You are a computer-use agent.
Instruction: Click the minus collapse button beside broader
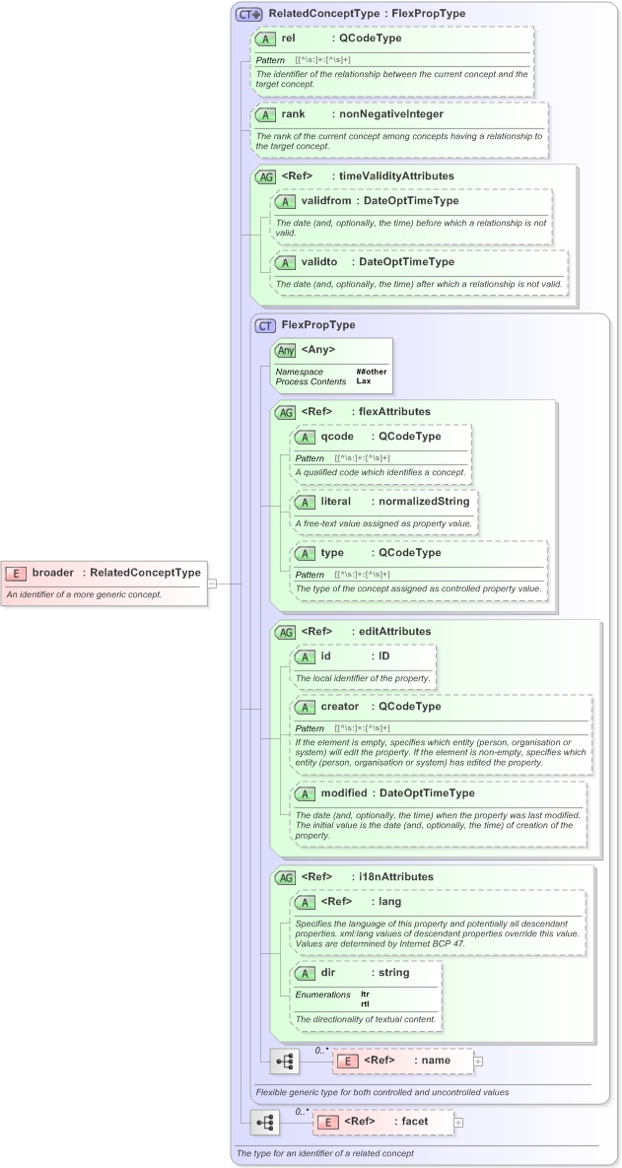[x=212, y=584]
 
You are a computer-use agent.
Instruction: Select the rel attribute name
[x=289, y=38]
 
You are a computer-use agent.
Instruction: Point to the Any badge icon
[x=286, y=350]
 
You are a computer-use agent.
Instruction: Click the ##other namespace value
[x=372, y=372]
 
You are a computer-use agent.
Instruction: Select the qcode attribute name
[x=338, y=436]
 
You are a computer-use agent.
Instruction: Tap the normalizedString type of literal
[x=422, y=502]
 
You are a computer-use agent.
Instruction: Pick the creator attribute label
[x=341, y=707]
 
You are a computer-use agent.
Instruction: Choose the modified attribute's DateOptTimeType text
[x=427, y=792]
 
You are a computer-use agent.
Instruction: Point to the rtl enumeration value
[x=365, y=1003]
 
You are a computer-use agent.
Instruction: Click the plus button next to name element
[x=478, y=1062]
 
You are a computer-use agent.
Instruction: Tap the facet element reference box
[x=383, y=1122]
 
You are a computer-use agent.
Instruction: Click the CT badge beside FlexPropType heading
[x=264, y=325]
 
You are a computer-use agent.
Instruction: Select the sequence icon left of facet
[x=264, y=1123]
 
